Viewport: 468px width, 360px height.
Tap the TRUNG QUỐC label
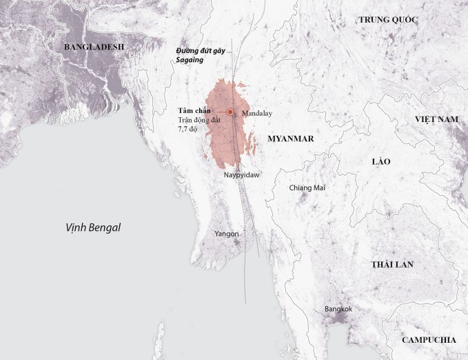(388, 19)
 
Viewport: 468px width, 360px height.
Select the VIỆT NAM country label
(436, 119)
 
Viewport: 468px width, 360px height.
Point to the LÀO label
(380, 161)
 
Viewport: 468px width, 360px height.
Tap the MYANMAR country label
(291, 139)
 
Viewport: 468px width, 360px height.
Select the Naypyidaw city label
(241, 176)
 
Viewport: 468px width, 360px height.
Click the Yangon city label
(227, 234)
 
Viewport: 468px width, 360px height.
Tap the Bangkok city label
(338, 309)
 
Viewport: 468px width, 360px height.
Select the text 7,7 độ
(188, 129)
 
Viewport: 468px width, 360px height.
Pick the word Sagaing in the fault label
(190, 60)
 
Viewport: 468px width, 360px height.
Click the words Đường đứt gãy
(200, 51)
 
